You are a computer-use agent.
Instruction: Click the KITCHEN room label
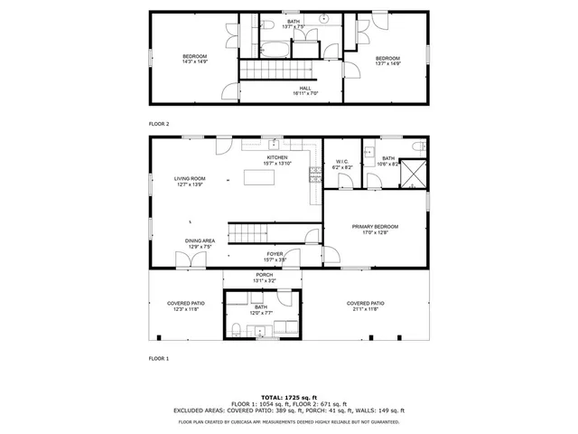click(x=276, y=158)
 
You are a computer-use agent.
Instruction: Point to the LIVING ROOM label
click(x=190, y=179)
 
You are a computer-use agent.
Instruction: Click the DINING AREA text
click(x=200, y=241)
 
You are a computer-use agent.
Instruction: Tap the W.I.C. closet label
click(x=342, y=163)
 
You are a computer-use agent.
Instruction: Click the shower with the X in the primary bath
click(x=413, y=172)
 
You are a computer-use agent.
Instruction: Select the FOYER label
click(x=275, y=255)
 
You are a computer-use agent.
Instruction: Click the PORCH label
click(x=264, y=276)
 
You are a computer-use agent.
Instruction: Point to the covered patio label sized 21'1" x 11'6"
click(x=366, y=305)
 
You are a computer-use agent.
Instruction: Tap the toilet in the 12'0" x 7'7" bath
click(x=234, y=328)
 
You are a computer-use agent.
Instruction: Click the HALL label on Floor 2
click(x=305, y=89)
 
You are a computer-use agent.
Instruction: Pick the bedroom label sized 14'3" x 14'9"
click(x=194, y=58)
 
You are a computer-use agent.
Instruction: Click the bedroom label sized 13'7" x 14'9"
click(x=387, y=59)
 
